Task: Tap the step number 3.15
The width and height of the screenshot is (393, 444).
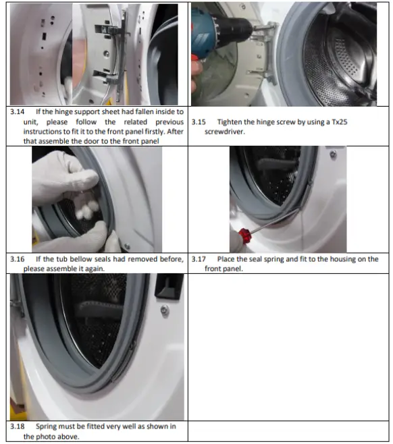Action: [x=199, y=122]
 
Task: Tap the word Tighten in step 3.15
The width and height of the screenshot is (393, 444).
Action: [x=232, y=122]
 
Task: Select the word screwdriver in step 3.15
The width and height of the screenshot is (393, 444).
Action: [x=226, y=132]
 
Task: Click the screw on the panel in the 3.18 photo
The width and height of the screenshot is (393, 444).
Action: [x=164, y=310]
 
